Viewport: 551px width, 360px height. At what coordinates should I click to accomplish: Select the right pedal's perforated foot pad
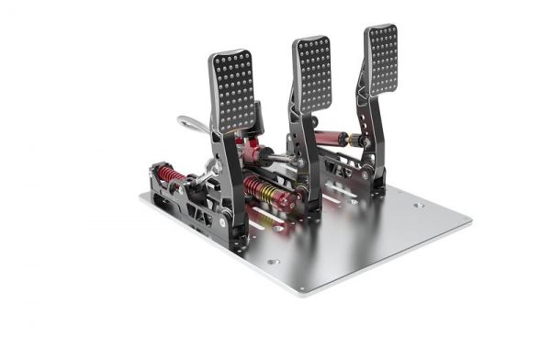(x=382, y=57)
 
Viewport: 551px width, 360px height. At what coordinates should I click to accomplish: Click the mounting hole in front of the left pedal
(x=273, y=262)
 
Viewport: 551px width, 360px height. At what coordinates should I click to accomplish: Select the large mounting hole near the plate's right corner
(x=418, y=206)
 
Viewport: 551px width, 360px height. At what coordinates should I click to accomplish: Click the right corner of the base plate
(x=469, y=220)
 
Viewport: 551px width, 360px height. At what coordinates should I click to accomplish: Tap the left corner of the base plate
(x=143, y=196)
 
